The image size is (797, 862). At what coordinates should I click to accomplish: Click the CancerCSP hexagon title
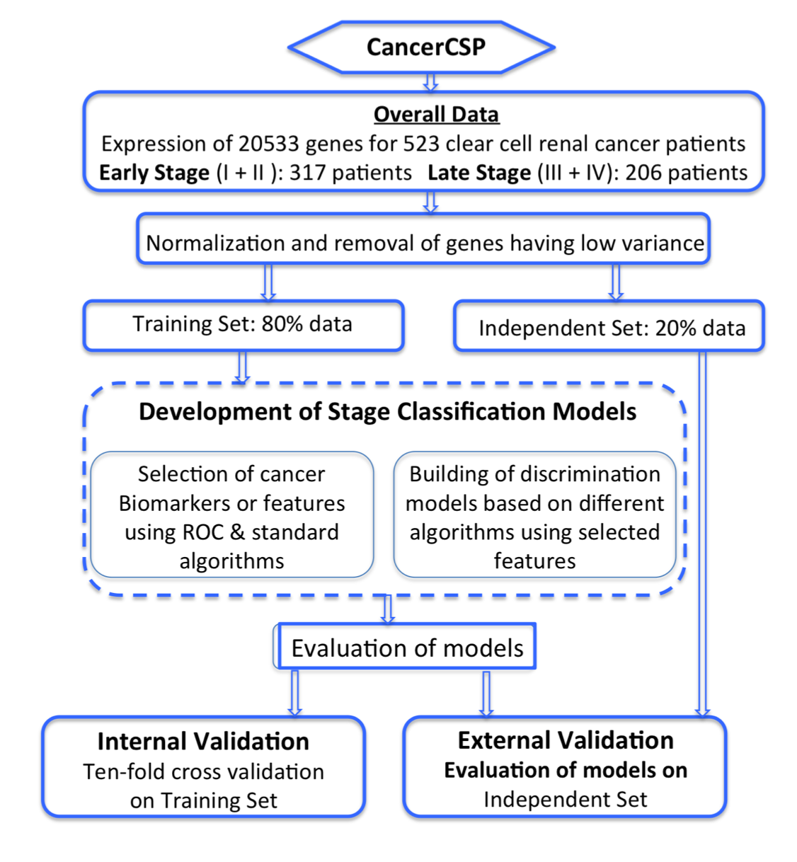click(425, 47)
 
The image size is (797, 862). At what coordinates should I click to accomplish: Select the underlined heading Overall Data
click(436, 114)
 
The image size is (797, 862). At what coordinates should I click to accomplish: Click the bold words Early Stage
click(154, 173)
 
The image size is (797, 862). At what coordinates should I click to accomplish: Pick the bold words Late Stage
click(479, 173)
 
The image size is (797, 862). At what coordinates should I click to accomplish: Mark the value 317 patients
click(350, 173)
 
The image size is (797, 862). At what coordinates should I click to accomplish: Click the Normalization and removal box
click(424, 243)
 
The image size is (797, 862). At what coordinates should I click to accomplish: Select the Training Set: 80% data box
click(243, 324)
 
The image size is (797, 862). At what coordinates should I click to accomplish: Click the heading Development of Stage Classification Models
click(387, 411)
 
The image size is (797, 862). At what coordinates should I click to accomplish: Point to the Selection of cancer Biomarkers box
click(231, 517)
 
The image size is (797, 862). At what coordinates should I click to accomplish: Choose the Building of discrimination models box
click(534, 517)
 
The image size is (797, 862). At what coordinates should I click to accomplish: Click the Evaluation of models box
click(407, 648)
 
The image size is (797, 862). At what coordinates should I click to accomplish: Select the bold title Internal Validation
click(203, 741)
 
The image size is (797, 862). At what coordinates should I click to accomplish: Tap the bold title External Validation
click(565, 740)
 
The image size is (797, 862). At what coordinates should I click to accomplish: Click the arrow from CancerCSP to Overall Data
click(430, 82)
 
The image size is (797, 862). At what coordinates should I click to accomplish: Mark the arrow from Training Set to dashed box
click(242, 367)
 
